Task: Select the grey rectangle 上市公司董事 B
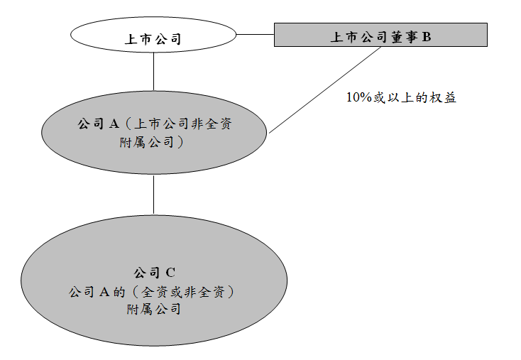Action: [380, 36]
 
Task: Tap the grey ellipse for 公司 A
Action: [154, 132]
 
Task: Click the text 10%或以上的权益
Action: [401, 98]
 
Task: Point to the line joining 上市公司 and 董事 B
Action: [255, 34]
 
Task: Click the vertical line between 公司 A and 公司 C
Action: [154, 194]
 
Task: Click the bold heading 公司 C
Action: [154, 273]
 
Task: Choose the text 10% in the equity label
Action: [358, 98]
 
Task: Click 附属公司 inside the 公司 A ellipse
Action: [150, 142]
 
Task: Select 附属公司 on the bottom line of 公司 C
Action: [154, 310]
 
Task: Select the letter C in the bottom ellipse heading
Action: [170, 273]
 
